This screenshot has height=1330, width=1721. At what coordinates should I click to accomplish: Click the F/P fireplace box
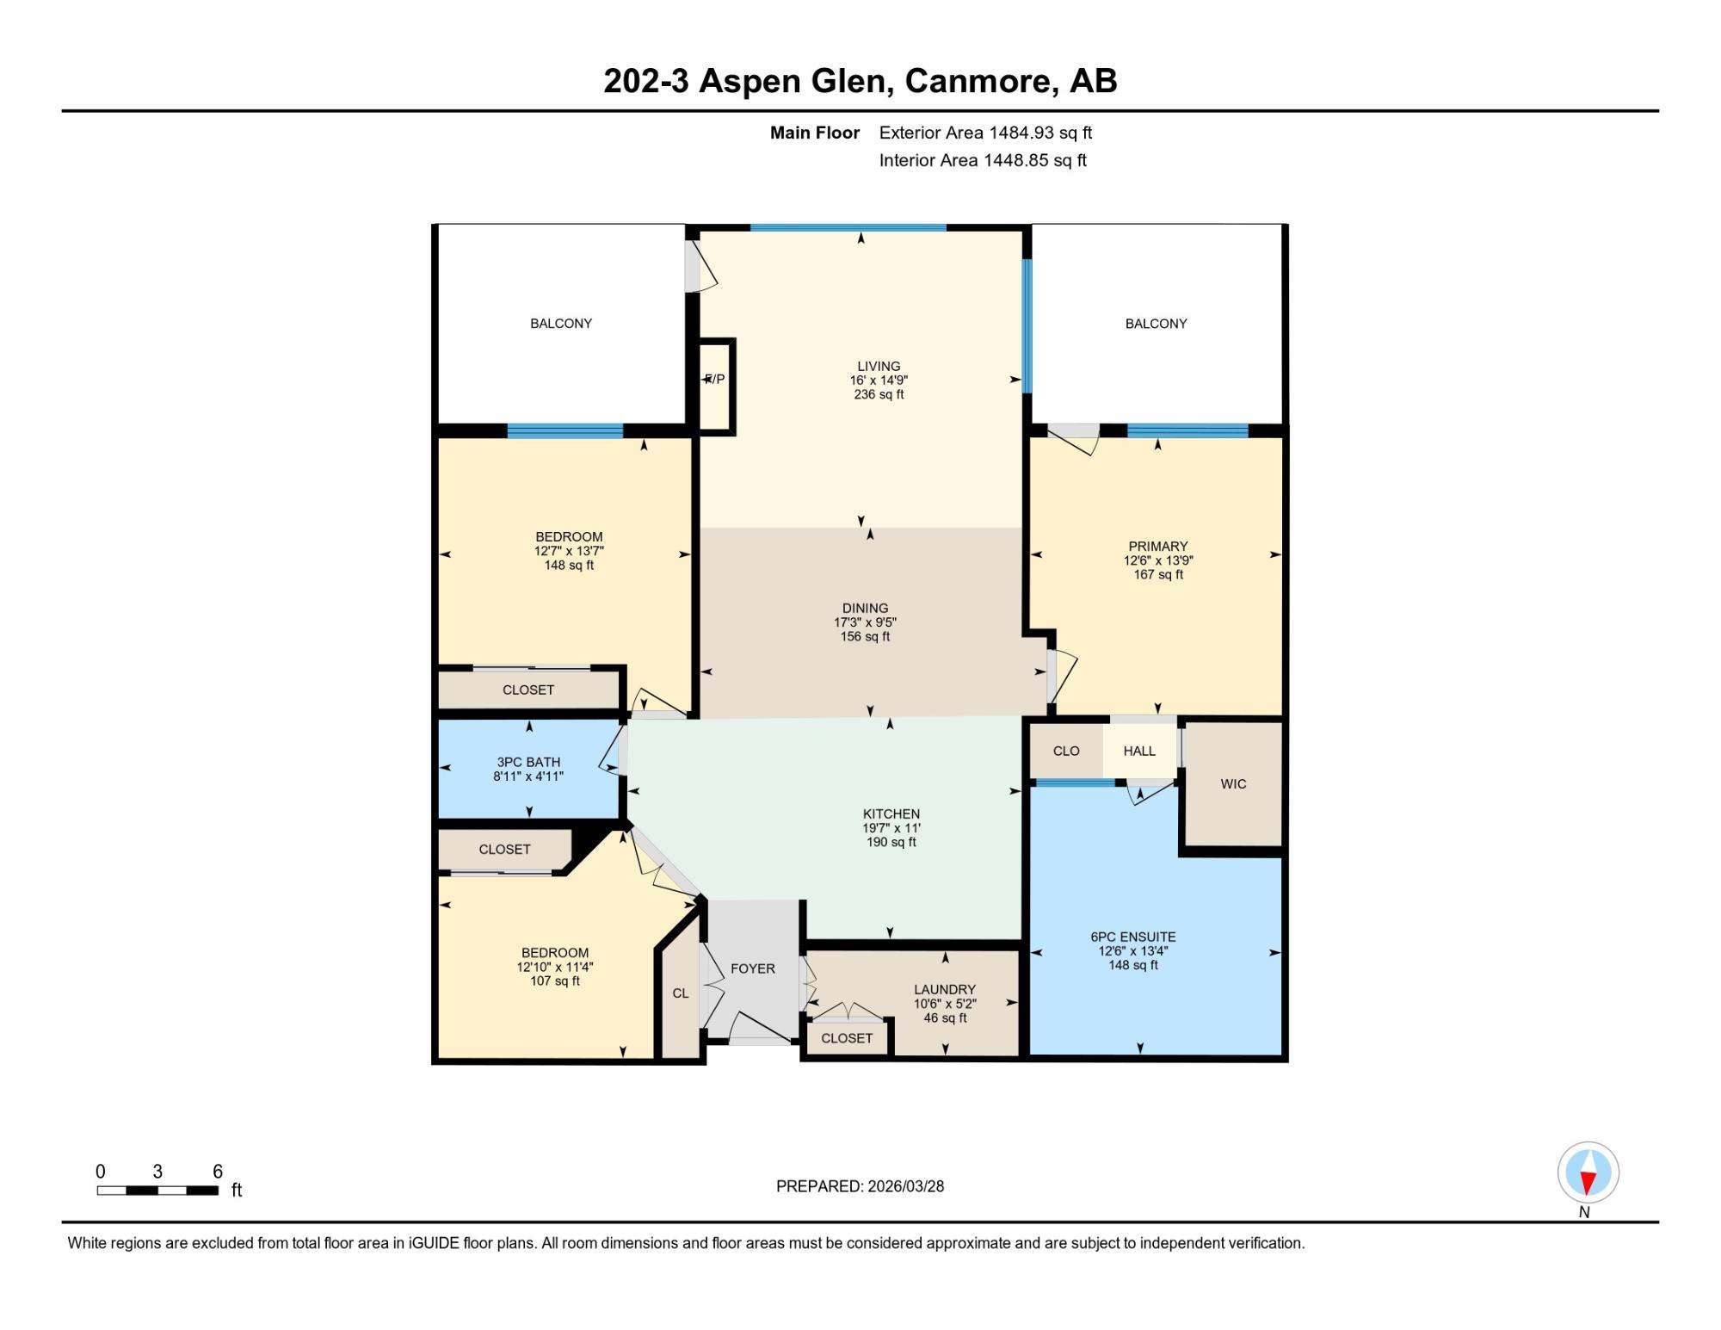(x=716, y=386)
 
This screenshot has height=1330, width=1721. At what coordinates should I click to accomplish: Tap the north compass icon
(x=1588, y=1172)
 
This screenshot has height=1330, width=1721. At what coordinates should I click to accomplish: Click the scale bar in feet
(x=157, y=1191)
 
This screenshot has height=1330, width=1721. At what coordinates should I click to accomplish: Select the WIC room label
(x=1233, y=784)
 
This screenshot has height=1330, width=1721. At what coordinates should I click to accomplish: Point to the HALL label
(x=1139, y=752)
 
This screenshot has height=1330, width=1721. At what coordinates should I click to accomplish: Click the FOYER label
(x=753, y=968)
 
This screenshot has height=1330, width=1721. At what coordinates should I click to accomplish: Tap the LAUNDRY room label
(x=945, y=990)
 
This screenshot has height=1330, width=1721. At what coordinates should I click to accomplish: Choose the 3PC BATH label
(x=528, y=762)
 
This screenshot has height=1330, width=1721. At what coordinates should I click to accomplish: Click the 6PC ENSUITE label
(x=1133, y=937)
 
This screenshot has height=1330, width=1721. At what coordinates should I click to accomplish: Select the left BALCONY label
(x=561, y=324)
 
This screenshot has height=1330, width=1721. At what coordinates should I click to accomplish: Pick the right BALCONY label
(x=1156, y=324)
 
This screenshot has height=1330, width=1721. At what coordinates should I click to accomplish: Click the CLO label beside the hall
(x=1066, y=752)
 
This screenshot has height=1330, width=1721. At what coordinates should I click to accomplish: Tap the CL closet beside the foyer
(x=681, y=993)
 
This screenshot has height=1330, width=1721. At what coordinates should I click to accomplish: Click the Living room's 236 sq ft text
(x=879, y=395)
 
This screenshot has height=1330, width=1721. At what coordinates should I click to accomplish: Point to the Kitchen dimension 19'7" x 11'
(x=891, y=828)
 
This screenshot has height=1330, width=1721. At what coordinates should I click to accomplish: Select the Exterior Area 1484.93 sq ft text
(x=985, y=133)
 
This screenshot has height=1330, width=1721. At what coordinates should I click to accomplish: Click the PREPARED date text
(x=860, y=1186)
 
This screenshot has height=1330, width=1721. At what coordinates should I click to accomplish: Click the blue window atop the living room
(x=848, y=227)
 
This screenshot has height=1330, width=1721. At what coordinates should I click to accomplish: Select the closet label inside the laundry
(x=847, y=1038)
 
